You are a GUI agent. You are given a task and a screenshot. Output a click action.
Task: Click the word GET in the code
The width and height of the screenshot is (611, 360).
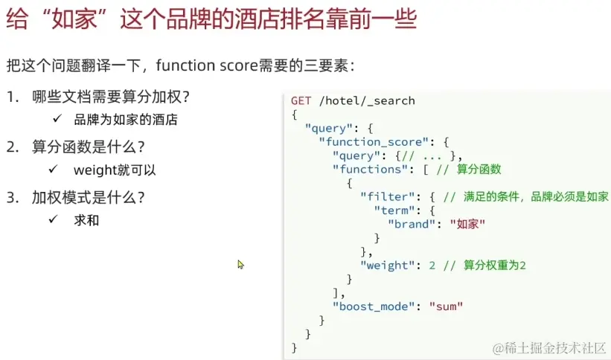coord(301,100)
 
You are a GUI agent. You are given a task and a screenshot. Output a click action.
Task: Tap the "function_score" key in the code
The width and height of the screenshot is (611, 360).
coord(368,141)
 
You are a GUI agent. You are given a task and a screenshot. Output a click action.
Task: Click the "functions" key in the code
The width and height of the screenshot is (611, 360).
coord(370,169)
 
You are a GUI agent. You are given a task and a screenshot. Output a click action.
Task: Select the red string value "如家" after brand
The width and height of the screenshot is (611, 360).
coord(468,224)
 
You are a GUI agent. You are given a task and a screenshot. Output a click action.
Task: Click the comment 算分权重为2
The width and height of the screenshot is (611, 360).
coord(495,265)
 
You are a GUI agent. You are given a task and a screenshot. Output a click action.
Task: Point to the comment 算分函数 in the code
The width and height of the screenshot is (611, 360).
coord(479,169)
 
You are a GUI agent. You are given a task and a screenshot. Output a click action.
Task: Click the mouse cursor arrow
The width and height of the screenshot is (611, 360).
coord(240,264)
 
